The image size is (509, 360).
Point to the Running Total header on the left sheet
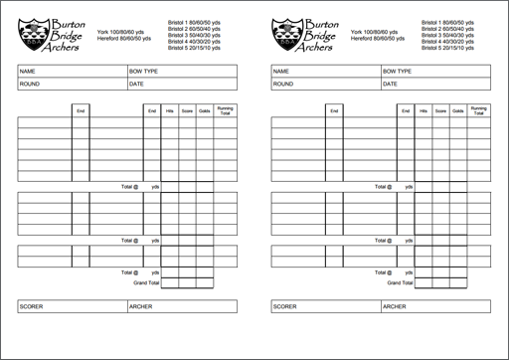pos(226,110)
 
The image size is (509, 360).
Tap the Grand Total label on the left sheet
pos(146,281)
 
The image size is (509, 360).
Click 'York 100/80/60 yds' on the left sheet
pos(122,32)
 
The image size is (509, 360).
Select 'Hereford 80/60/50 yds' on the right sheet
pos(377,39)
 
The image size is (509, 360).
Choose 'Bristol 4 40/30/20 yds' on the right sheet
pos(447,42)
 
